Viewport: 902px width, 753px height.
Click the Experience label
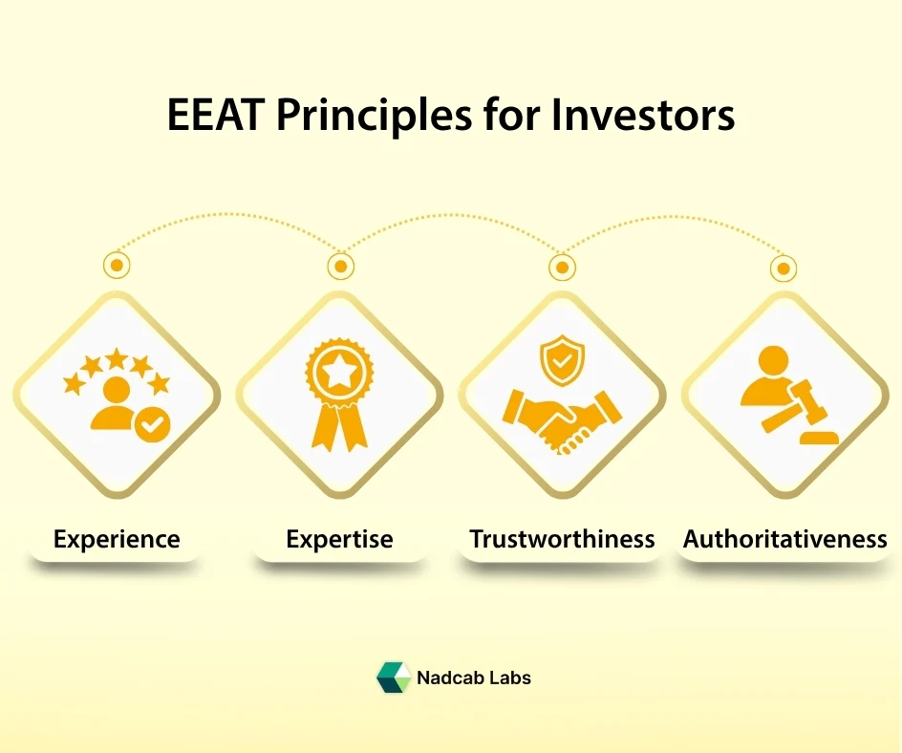pyautogui.click(x=117, y=539)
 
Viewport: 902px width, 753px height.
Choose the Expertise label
pyautogui.click(x=339, y=539)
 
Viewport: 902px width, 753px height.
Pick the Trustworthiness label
pyautogui.click(x=562, y=539)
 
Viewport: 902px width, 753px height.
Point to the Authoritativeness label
pyautogui.click(x=784, y=539)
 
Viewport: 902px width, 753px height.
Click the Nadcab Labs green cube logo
pyautogui.click(x=393, y=678)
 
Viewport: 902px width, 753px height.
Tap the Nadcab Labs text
pyautogui.click(x=473, y=678)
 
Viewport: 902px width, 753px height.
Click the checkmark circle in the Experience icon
pyautogui.click(x=149, y=427)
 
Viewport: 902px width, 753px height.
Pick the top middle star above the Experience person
pyautogui.click(x=117, y=359)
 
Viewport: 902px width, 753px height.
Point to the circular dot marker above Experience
pyautogui.click(x=117, y=265)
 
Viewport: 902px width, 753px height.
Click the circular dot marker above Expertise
pyautogui.click(x=339, y=265)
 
